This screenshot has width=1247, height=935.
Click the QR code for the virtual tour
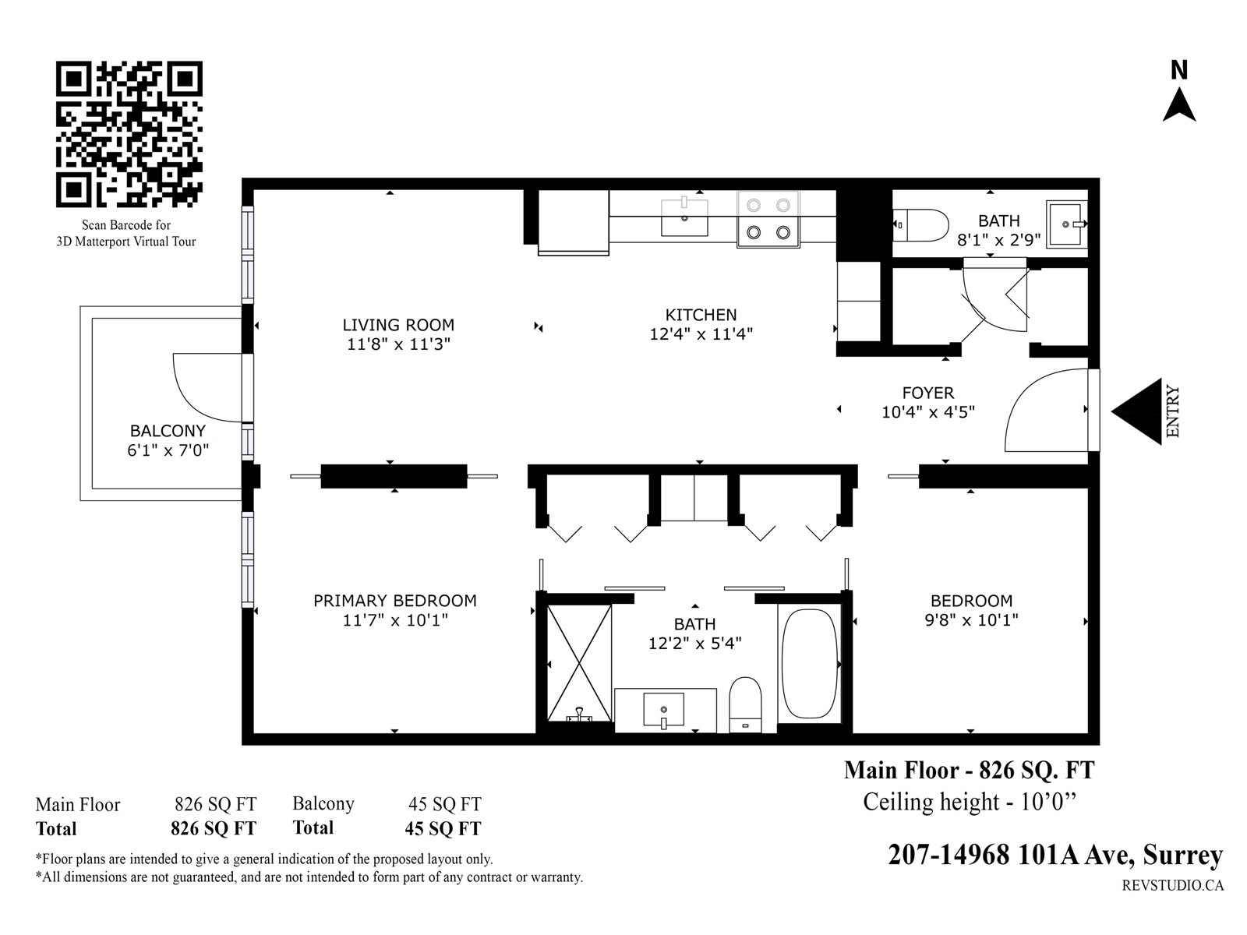click(129, 134)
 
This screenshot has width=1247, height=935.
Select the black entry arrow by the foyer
click(1136, 411)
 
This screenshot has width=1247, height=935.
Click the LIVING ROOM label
click(398, 325)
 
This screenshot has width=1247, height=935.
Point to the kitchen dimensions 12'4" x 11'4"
click(701, 333)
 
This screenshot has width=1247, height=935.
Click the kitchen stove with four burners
click(768, 219)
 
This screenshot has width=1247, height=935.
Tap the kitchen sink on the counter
click(684, 217)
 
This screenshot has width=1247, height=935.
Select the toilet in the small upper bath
click(921, 225)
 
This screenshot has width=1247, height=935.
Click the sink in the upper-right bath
click(1066, 224)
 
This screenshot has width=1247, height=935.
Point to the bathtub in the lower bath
click(810, 664)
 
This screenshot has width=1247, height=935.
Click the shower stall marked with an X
click(579, 662)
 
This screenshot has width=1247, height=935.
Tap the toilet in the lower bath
click(745, 704)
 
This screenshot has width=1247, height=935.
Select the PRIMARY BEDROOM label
click(395, 601)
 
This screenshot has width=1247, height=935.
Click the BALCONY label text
click(168, 431)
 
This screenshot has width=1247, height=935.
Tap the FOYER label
click(928, 393)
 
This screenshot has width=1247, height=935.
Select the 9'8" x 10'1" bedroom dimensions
click(971, 619)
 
